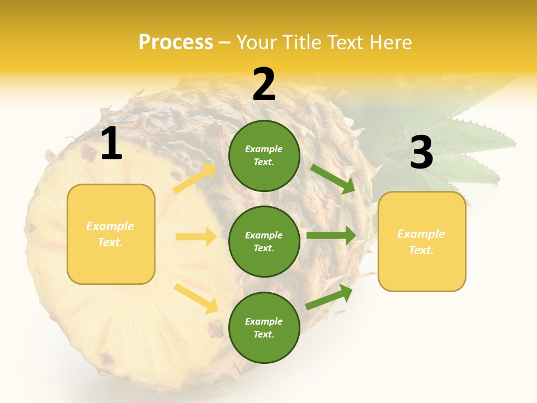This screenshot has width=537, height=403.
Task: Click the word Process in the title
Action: point(176,42)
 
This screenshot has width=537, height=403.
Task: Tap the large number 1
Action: point(111,144)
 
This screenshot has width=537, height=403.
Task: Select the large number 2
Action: point(264,85)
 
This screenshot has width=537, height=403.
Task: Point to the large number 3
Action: point(421,153)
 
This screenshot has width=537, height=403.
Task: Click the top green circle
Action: point(264,156)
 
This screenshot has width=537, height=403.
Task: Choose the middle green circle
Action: point(264,241)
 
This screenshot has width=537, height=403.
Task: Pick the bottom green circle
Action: point(264,327)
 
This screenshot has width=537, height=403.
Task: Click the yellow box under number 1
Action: point(111,234)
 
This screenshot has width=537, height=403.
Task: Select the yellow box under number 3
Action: point(422,242)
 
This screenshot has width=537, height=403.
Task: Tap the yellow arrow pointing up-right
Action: point(194,179)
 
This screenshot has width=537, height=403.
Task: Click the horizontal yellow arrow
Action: point(196,237)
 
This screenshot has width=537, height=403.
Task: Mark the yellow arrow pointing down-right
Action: point(196,298)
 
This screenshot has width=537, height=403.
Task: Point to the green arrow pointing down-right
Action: point(332,179)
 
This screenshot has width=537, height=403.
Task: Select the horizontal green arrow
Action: point(331,236)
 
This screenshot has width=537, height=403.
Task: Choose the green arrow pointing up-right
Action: point(329,297)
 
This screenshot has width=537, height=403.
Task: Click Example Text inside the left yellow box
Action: point(110,234)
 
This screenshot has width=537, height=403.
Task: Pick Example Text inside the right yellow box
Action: point(421,242)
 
